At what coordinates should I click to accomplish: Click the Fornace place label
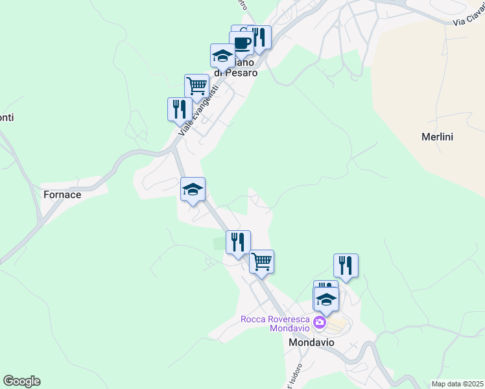pos(62,194)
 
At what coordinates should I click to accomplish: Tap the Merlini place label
pos(437,137)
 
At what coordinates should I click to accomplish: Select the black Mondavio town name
pos(311,342)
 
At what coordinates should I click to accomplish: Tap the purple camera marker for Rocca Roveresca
pos(320,322)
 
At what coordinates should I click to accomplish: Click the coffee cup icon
pos(242,43)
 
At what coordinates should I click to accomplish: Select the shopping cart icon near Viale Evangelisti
pos(196,85)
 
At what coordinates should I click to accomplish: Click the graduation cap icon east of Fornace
pos(193,189)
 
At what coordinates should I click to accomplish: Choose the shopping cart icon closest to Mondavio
pos(261,261)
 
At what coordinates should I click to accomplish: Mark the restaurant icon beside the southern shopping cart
pos(238,242)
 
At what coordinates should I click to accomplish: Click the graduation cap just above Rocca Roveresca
pos(326,299)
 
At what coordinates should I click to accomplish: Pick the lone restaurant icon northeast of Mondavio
pos(346,265)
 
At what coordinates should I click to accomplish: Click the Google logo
pos(21,381)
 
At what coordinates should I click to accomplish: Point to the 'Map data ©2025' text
pos(458,384)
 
